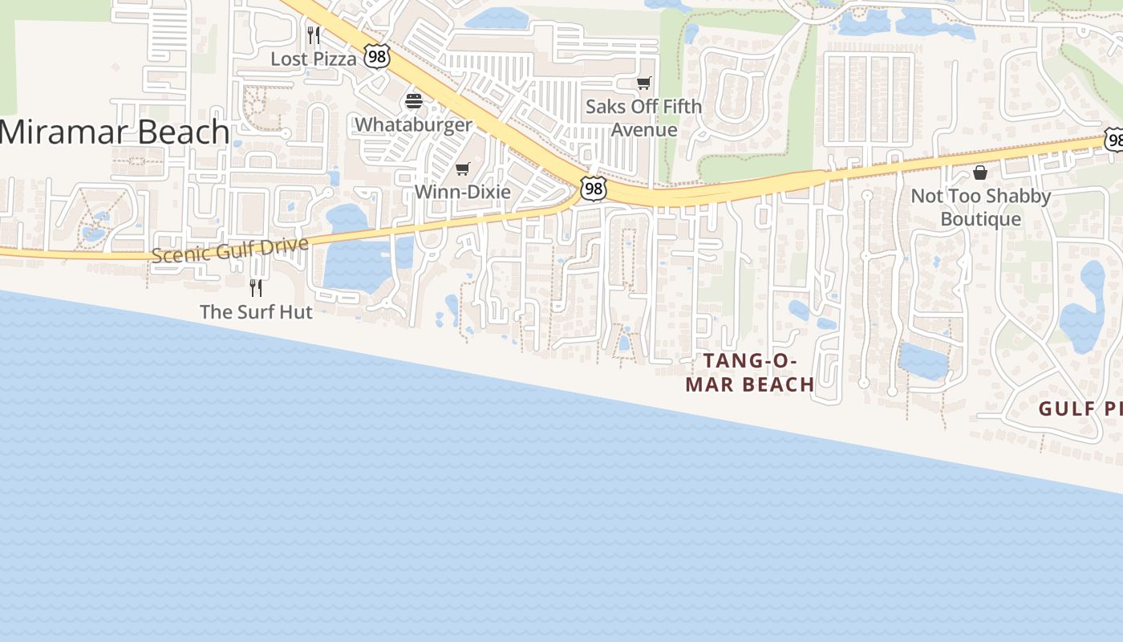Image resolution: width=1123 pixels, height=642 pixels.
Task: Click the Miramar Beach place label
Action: [115, 132]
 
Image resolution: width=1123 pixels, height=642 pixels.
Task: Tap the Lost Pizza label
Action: [313, 59]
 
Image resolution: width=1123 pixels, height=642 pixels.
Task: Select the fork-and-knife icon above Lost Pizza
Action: [314, 35]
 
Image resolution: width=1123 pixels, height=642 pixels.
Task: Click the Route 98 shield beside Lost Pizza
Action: [376, 55]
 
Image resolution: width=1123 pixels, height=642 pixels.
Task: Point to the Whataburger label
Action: [413, 124]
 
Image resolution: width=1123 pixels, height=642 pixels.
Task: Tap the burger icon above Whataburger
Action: [414, 101]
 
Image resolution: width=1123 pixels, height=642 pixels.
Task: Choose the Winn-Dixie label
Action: [462, 192]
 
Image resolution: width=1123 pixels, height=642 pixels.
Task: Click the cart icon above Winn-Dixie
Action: [462, 169]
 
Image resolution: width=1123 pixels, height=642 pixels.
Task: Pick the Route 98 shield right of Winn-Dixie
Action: [593, 189]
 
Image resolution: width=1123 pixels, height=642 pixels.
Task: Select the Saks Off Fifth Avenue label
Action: [643, 118]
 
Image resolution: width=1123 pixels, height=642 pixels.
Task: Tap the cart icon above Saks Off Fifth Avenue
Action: [643, 83]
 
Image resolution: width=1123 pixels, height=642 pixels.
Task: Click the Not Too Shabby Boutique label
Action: [980, 207]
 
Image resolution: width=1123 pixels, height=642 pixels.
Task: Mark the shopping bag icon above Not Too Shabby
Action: [979, 172]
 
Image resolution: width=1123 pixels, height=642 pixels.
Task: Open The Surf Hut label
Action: [256, 311]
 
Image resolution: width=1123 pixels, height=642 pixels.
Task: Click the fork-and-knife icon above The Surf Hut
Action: [256, 287]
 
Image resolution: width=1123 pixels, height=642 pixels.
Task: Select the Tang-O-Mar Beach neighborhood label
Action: [749, 372]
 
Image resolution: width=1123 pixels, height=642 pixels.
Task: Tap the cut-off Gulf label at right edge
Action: [1080, 408]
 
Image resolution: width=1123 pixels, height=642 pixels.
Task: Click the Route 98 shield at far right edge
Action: [1113, 139]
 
